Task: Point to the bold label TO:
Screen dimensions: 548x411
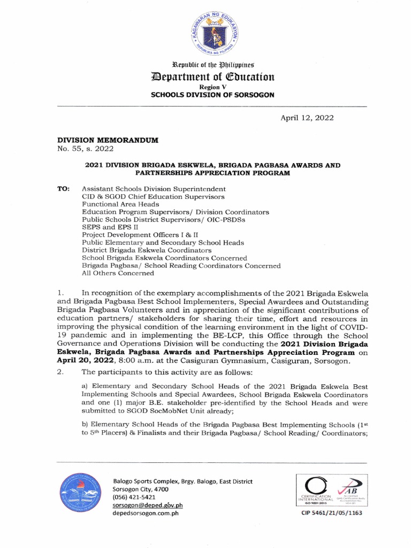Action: [63, 189]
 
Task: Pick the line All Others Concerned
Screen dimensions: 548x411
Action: [118, 273]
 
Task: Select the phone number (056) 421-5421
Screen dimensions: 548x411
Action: [134, 497]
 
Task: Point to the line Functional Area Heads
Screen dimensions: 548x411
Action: [120, 204]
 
